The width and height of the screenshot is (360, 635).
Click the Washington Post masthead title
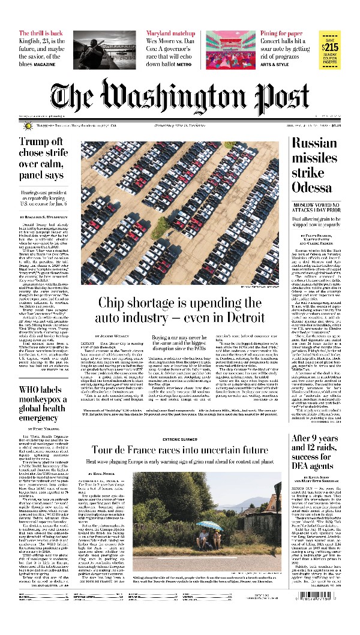point(180,96)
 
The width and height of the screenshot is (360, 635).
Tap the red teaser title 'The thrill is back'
point(41,34)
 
